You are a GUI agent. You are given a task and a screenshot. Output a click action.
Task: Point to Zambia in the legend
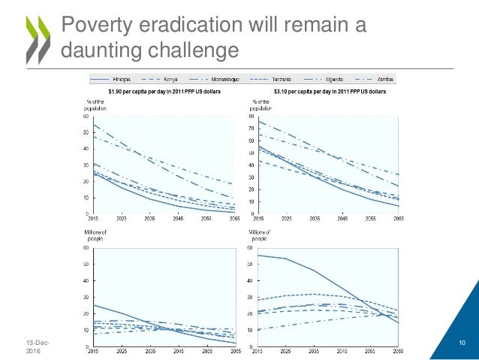[384, 79]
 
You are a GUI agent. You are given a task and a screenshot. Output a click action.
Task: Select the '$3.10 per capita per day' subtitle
[327, 91]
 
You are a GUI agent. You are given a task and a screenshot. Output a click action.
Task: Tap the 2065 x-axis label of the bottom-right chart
[398, 351]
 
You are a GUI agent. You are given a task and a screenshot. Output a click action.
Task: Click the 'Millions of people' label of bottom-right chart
[261, 236]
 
